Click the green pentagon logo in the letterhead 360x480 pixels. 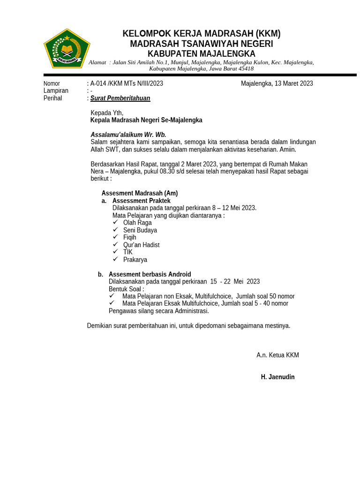[67, 48]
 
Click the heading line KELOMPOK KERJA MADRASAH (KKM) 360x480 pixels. [201, 34]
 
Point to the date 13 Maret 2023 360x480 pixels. [293, 83]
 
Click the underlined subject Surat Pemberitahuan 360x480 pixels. [120, 98]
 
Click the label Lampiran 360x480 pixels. [56, 90]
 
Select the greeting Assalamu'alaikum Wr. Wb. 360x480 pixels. [128, 135]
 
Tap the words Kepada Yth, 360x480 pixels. [107, 112]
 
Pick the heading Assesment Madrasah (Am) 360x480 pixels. [140, 193]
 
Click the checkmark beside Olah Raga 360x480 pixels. [115, 222]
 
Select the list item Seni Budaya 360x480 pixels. [140, 230]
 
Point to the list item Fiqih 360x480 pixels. [130, 237]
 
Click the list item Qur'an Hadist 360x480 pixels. [141, 245]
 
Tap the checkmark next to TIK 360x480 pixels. [115, 252]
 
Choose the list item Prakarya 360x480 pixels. [135, 259]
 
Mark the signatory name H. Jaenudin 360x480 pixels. [277, 377]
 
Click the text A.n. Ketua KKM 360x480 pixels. [277, 355]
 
